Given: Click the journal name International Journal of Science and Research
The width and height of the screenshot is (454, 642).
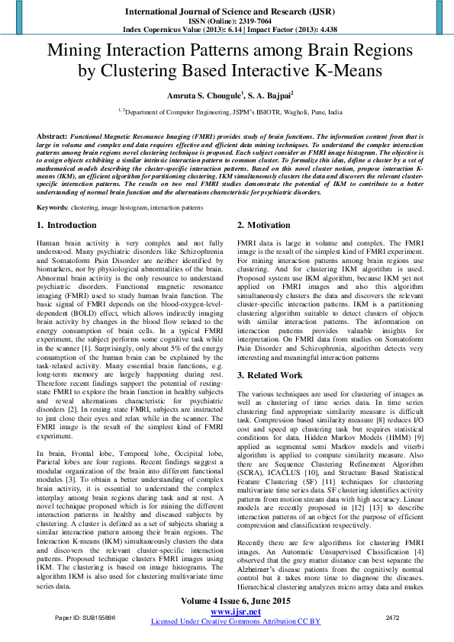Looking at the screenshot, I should [x=227, y=12].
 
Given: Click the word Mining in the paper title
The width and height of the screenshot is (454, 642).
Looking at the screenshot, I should [x=75, y=51].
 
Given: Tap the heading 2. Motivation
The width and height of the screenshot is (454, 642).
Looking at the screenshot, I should [x=263, y=226].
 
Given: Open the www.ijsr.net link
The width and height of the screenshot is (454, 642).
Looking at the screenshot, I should [x=235, y=612].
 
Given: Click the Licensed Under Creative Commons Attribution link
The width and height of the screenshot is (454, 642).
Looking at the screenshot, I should [x=235, y=622].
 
